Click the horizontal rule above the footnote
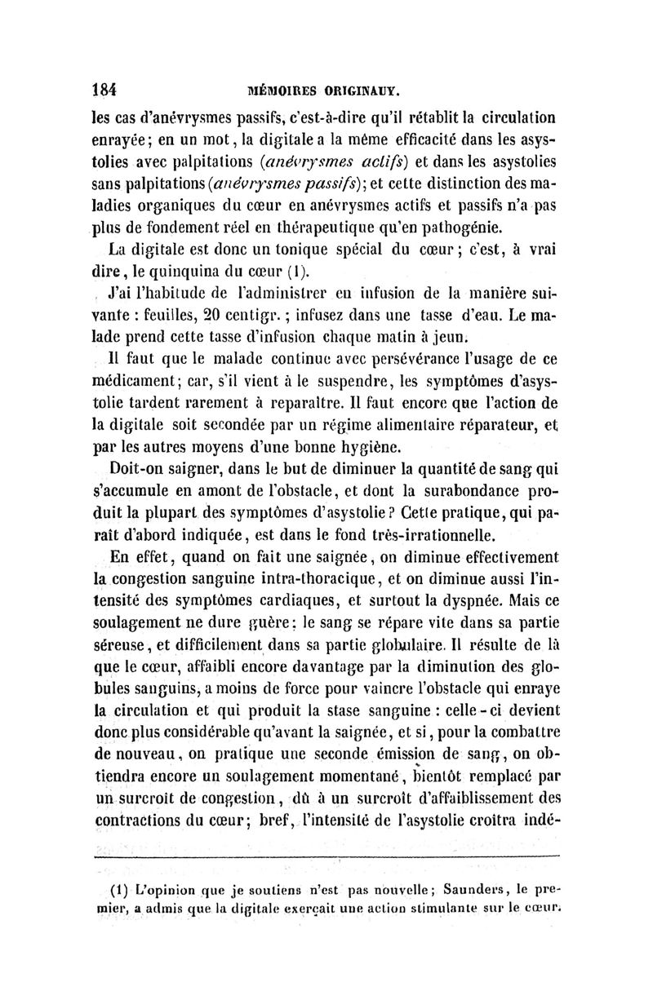click(x=326, y=856)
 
